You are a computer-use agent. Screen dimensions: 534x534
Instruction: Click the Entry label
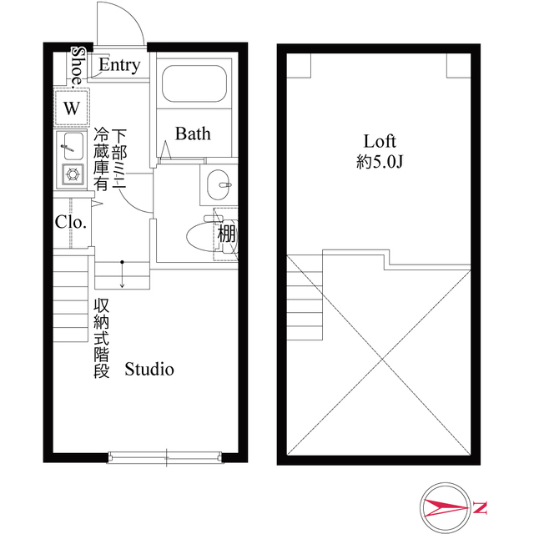(119, 66)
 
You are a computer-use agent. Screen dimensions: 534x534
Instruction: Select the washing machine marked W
(72, 108)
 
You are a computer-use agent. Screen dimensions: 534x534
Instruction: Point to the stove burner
(73, 175)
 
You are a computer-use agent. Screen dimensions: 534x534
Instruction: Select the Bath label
(193, 133)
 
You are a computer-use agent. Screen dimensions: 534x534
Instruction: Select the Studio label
(149, 368)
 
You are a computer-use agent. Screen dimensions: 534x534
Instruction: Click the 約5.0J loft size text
(379, 163)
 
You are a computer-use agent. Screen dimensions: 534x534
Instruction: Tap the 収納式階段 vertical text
(102, 338)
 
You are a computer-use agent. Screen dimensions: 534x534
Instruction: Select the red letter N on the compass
(481, 506)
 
